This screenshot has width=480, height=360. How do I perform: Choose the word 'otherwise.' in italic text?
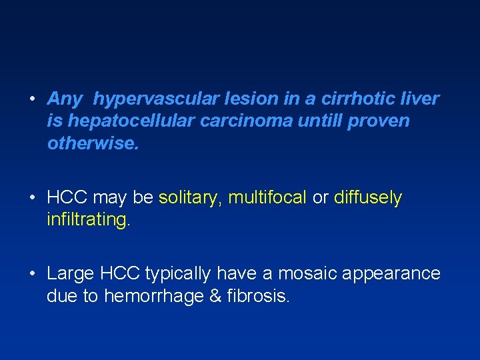click(x=93, y=143)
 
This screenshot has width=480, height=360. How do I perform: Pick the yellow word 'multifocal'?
click(x=267, y=198)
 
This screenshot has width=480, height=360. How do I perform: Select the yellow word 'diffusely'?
click(x=368, y=198)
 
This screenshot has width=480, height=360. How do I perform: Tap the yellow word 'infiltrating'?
click(x=87, y=220)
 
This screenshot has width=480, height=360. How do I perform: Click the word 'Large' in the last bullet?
click(x=71, y=274)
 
